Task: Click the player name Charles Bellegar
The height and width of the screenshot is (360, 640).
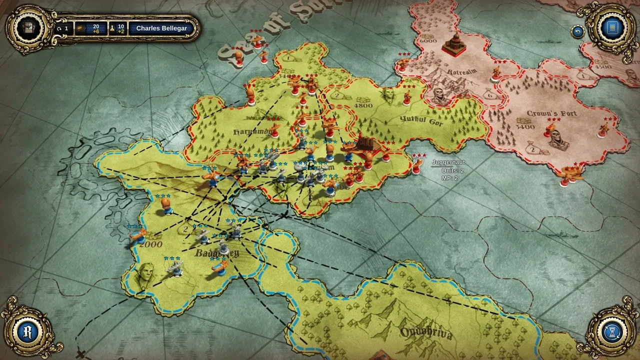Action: click(161, 28)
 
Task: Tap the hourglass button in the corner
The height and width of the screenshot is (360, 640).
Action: click(611, 332)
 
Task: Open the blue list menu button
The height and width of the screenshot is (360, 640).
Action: click(611, 27)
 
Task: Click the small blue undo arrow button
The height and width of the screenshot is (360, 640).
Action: click(578, 31)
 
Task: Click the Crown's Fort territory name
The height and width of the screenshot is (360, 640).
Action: click(551, 113)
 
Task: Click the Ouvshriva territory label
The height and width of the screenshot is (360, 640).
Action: click(426, 333)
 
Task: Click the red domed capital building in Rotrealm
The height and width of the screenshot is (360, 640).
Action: click(454, 44)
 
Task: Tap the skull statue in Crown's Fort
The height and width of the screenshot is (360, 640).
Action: click(558, 140)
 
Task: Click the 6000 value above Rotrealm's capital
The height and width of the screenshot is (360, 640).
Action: click(427, 40)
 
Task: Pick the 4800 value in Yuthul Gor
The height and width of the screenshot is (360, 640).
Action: click(363, 105)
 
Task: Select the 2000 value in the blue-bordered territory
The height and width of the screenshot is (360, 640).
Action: click(151, 244)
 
